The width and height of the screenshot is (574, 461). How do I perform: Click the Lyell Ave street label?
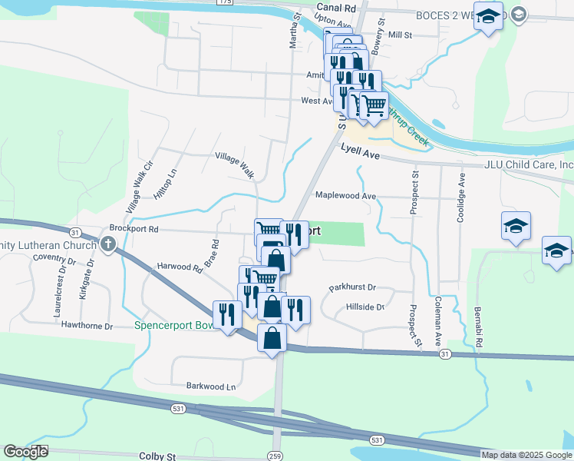click(361, 154)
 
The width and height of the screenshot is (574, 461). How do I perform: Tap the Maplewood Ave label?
click(345, 195)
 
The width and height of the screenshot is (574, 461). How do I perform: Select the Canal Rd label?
click(337, 8)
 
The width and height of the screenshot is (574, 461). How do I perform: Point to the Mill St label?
click(401, 35)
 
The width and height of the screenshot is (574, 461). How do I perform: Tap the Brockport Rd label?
click(134, 228)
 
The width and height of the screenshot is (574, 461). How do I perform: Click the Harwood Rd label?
click(180, 267)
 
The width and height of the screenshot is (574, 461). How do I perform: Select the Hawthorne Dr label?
click(87, 326)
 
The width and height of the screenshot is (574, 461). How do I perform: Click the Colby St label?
click(157, 456)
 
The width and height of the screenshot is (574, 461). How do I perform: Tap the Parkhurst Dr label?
click(352, 287)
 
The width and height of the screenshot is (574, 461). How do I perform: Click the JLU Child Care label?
click(529, 164)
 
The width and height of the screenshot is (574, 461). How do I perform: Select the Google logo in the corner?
click(25, 452)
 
